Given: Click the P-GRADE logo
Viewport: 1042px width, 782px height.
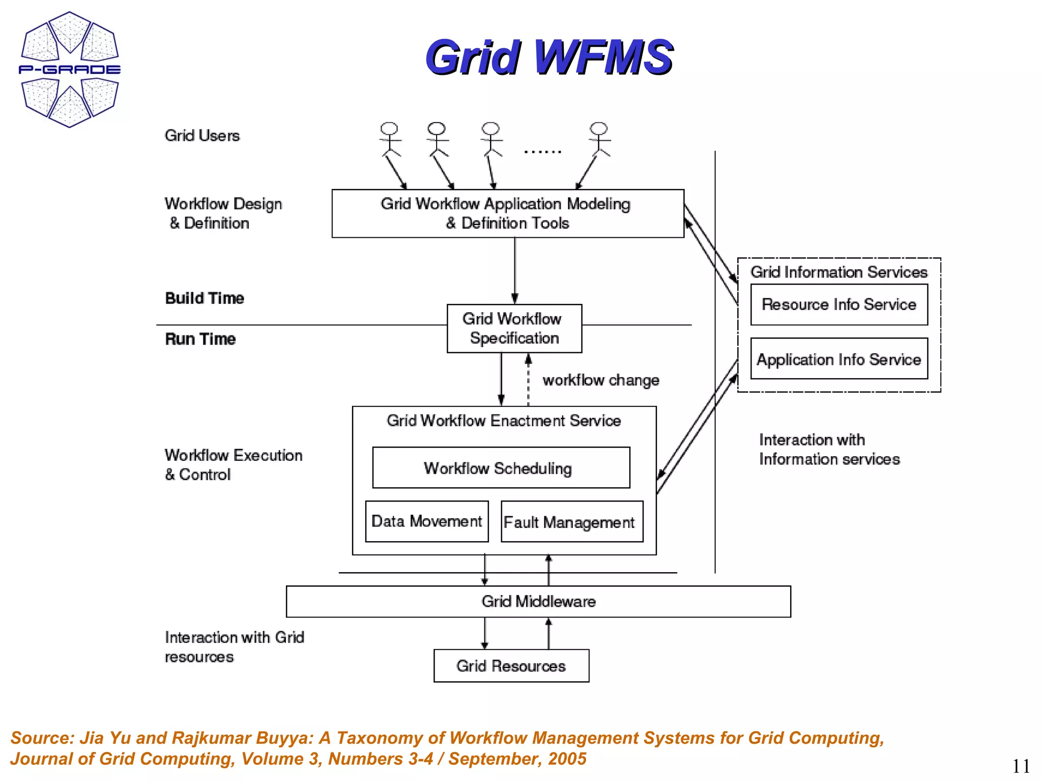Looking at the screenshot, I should (70, 69).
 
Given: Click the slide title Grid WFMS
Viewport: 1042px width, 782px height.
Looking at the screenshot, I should (549, 57).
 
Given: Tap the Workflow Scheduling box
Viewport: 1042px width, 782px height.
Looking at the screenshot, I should (501, 467).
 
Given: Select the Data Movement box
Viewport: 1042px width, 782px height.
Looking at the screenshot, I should (426, 521).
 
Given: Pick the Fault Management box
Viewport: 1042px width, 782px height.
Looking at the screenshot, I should (571, 522).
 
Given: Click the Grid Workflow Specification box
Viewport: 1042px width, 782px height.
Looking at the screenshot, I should (514, 328).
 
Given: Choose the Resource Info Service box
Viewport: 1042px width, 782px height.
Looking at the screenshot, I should (838, 304).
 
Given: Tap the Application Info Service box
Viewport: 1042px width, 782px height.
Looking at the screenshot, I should (838, 359).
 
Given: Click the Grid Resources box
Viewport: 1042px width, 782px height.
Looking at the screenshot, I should (511, 665).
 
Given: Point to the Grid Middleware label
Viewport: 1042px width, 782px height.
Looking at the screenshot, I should (538, 601).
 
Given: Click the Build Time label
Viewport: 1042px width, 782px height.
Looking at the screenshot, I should (205, 298).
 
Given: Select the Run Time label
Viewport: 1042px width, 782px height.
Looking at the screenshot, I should (200, 339).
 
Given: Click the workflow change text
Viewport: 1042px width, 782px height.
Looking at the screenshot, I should (601, 380).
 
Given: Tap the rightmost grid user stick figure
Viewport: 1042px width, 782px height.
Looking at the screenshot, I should (599, 139).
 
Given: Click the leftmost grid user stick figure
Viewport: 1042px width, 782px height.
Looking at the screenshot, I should (390, 139).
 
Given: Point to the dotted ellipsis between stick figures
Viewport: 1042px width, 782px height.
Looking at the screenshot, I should (542, 151).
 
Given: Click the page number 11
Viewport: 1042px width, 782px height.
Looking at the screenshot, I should (1020, 766).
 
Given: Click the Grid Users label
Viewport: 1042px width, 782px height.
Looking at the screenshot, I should (202, 135).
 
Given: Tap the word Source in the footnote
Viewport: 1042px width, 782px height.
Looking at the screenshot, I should (42, 738).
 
